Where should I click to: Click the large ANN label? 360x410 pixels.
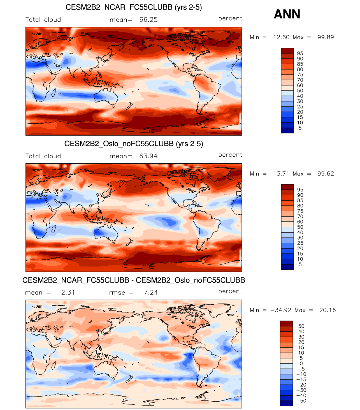[x=287, y=14]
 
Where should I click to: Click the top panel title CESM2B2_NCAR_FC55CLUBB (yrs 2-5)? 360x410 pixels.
[x=134, y=7]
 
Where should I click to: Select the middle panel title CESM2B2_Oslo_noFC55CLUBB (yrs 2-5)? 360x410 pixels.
[x=134, y=144]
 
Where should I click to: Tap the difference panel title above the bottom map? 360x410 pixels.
[x=134, y=280]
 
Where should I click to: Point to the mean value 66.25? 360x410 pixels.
[x=148, y=20]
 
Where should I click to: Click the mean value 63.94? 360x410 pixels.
[x=148, y=156]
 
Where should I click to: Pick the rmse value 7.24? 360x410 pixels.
[x=151, y=293]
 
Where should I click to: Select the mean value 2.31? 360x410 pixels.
[x=68, y=293]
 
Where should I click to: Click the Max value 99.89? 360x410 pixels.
[x=326, y=37]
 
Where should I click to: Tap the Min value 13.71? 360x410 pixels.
[x=281, y=174]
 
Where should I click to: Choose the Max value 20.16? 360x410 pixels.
[x=327, y=310]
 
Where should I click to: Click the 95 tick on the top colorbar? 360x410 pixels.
[x=300, y=53]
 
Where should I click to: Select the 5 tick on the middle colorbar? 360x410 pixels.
[x=300, y=265]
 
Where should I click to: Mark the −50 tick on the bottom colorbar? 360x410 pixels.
[x=301, y=401]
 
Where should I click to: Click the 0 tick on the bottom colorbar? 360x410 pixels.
[x=301, y=363]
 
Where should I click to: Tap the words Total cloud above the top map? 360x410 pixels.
[x=43, y=20]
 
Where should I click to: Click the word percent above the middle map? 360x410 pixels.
[x=230, y=155]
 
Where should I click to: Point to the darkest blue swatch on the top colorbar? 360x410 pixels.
[x=287, y=131]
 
